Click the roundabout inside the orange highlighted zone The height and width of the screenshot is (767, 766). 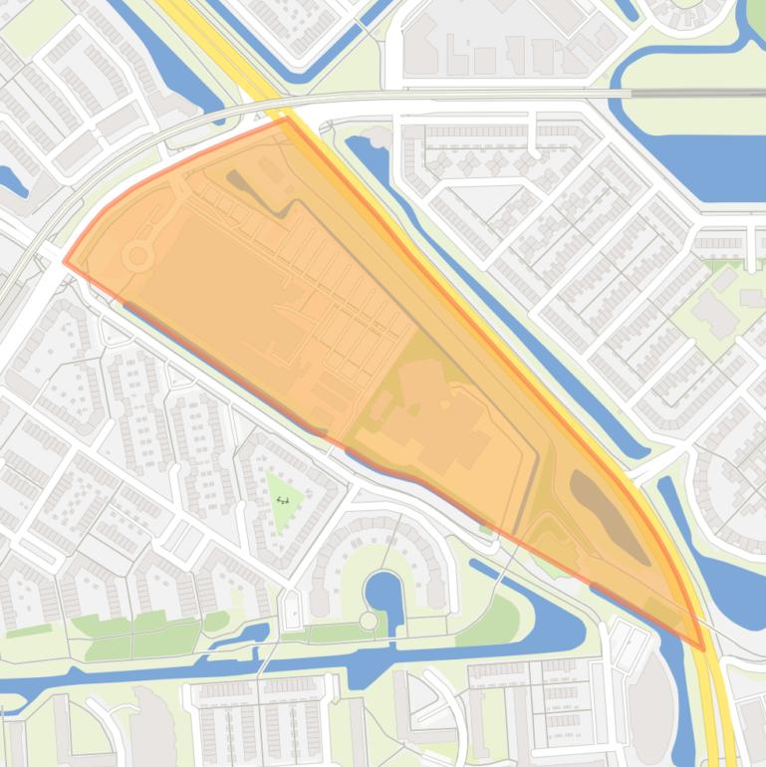pos(138,257)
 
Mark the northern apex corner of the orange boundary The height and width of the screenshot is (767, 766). pos(287,118)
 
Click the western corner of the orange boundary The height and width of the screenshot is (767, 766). pos(65,262)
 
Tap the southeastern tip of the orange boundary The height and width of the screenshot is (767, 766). pos(705,649)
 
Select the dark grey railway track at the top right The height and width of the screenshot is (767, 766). pos(697,94)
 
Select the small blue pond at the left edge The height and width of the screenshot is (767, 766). pos(12,179)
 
